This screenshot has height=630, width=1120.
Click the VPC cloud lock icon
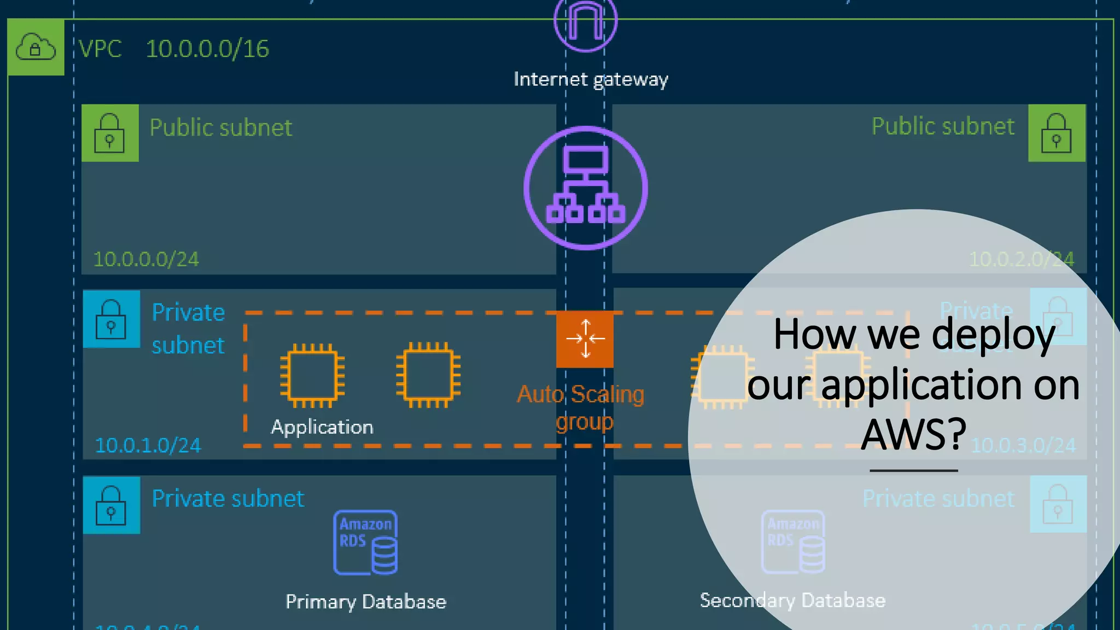[x=36, y=47]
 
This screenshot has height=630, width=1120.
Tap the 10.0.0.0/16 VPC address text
[x=207, y=49]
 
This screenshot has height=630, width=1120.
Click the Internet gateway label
[x=591, y=79]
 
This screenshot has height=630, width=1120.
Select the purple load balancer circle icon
[x=586, y=188]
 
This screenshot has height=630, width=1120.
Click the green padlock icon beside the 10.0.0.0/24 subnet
[x=110, y=133]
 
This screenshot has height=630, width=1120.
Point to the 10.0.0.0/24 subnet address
[x=146, y=259]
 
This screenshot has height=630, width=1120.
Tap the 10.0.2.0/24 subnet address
[x=1021, y=259]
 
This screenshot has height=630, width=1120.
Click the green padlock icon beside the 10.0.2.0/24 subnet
[x=1057, y=133]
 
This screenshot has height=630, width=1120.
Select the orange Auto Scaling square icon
[x=585, y=339]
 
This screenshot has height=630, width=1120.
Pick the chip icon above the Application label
[x=312, y=376]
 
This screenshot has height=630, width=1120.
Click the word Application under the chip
[x=322, y=427]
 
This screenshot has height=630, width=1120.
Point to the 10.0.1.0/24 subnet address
[x=148, y=445]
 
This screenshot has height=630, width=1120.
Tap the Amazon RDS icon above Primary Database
[x=365, y=542]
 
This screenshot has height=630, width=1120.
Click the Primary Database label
[x=366, y=602]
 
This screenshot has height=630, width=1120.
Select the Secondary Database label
[x=792, y=600]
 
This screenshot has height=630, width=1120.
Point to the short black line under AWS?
[x=914, y=470]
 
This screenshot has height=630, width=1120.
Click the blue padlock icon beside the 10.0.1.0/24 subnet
[x=111, y=319]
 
